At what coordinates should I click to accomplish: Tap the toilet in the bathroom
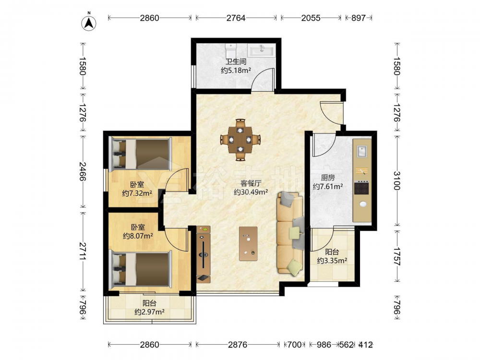click(x=230, y=49)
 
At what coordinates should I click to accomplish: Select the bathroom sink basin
click(x=262, y=50)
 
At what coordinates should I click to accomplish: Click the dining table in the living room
click(x=240, y=140)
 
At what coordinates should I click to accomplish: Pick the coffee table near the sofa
click(x=248, y=244)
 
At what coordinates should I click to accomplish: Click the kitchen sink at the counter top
click(x=362, y=151)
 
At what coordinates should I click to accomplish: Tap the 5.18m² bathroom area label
click(x=236, y=71)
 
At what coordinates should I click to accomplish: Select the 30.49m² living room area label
click(x=251, y=192)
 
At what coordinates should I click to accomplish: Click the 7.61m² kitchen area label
click(x=327, y=186)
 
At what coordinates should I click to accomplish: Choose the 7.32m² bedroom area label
click(x=137, y=193)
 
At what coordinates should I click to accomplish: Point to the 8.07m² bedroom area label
click(x=138, y=236)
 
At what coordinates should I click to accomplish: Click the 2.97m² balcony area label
click(x=150, y=312)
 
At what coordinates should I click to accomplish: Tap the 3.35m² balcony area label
click(x=332, y=261)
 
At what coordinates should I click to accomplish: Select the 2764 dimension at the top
click(x=236, y=18)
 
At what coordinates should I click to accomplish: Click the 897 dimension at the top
click(x=358, y=18)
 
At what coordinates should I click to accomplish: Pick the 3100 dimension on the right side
click(x=397, y=180)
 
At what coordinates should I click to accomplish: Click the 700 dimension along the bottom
click(x=294, y=345)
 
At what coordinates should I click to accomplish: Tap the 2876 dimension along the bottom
click(x=238, y=345)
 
